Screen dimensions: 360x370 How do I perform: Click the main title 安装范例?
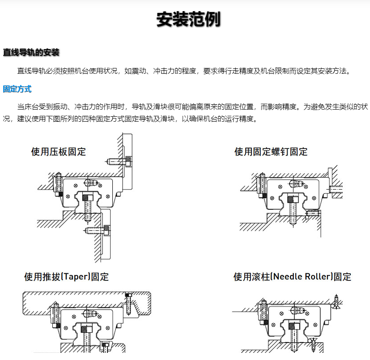188,20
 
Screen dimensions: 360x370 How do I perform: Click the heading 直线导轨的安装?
31,52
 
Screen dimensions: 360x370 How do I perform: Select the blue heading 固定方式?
17,89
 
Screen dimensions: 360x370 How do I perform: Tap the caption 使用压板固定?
58,152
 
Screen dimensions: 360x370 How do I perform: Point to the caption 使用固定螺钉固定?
271,152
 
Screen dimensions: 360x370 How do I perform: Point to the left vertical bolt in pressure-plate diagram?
57,182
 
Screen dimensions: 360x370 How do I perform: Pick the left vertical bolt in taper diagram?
56,313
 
